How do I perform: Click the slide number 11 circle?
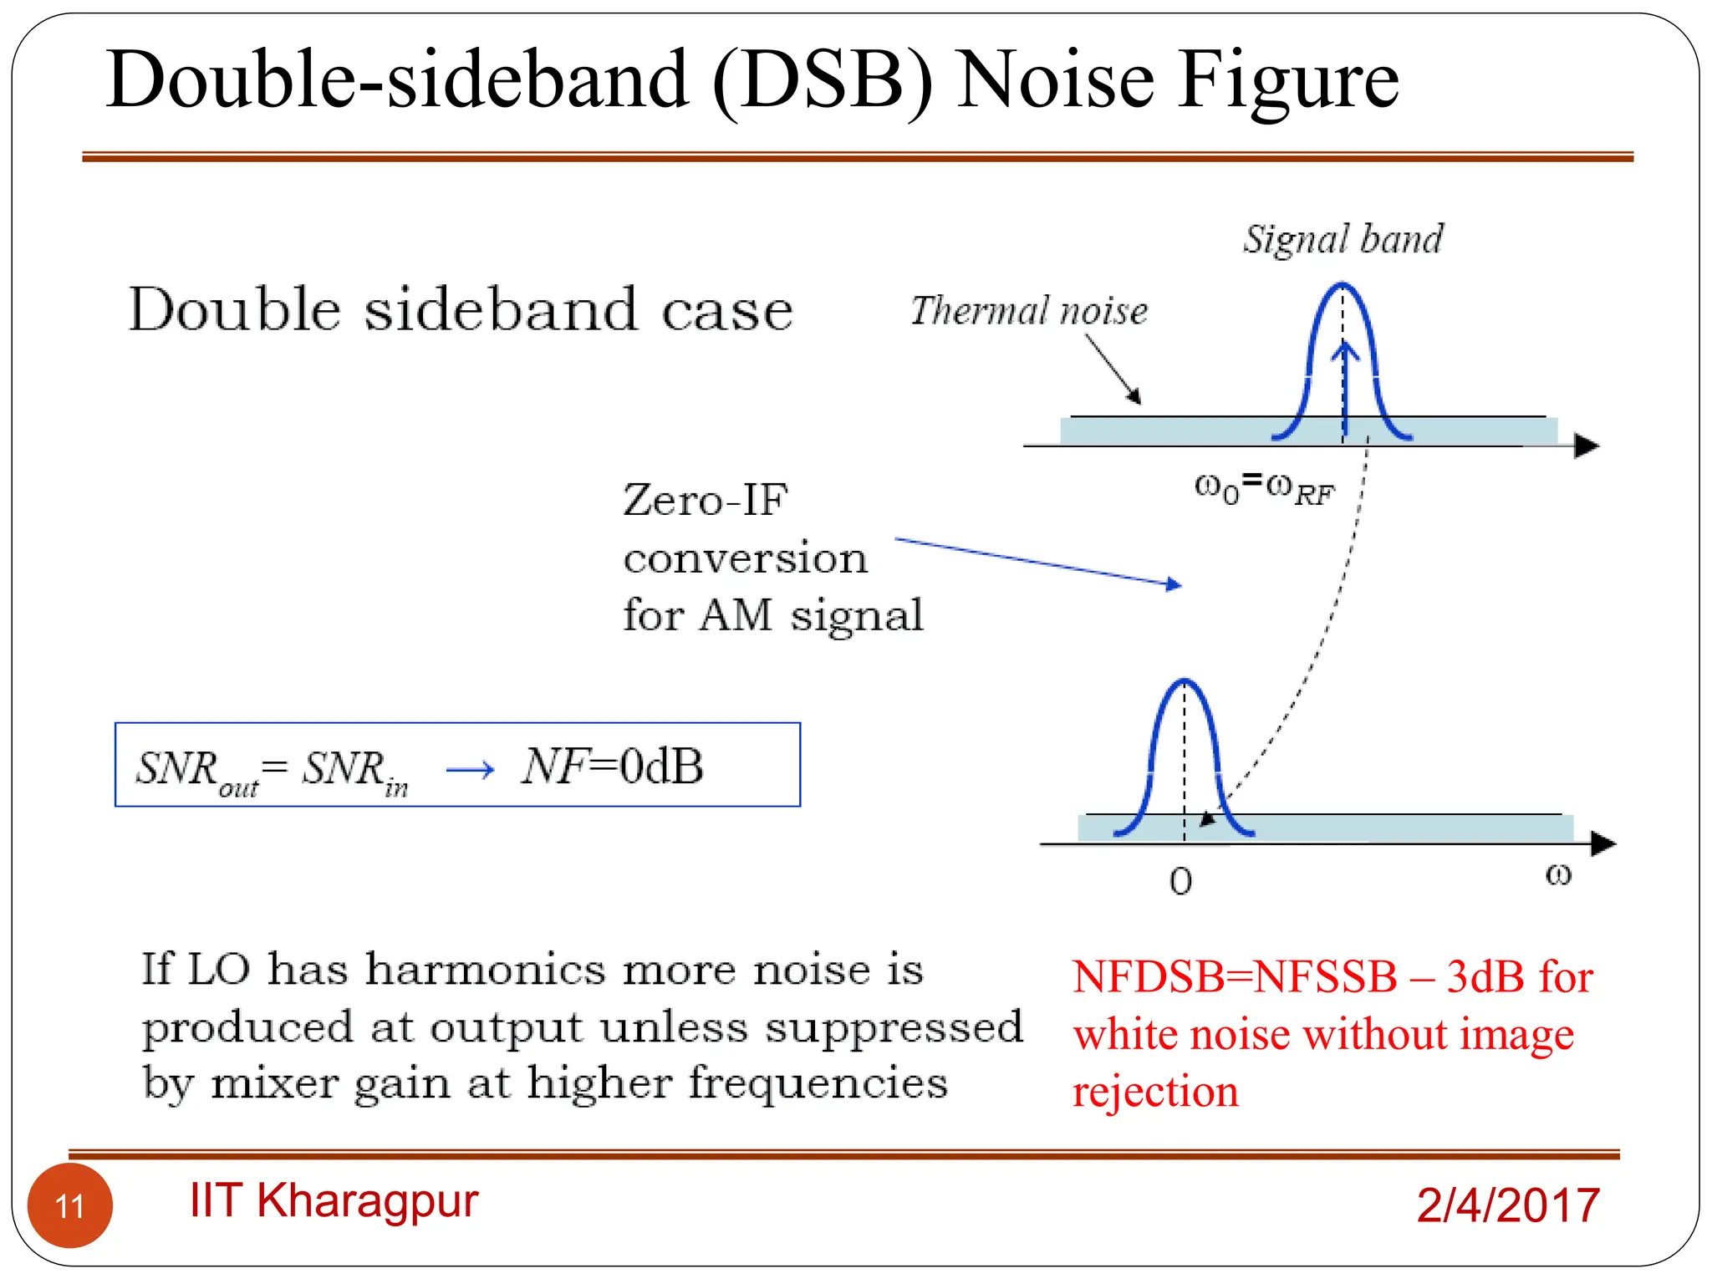point(69,1205)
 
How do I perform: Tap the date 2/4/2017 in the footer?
point(1508,1205)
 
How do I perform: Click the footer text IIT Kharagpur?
point(334,1200)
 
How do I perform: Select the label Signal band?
point(1343,239)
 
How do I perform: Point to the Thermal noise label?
point(1029,310)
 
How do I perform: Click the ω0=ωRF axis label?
point(1264,487)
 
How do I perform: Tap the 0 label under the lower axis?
point(1180,881)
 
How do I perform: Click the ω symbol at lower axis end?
point(1558,875)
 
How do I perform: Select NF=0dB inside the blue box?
point(613,766)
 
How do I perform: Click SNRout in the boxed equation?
point(197,770)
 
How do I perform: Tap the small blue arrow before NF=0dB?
point(471,769)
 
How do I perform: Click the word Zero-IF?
point(706,500)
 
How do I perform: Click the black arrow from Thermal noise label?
point(1113,369)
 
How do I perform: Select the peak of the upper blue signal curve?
point(1343,286)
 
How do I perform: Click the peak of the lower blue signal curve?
point(1185,681)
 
